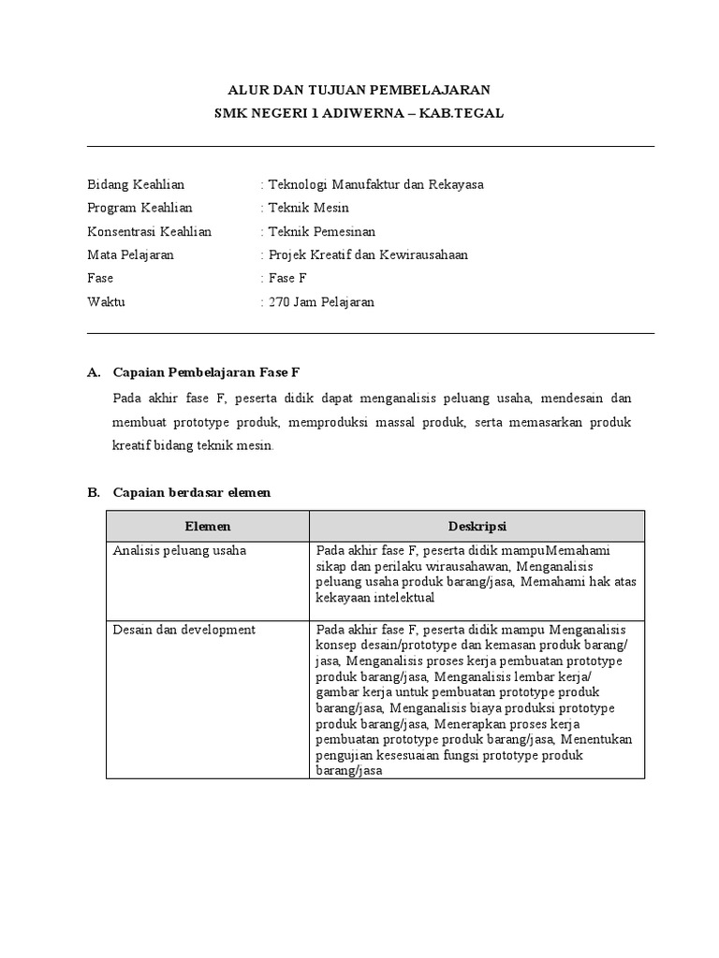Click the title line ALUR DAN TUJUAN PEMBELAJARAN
click(x=359, y=90)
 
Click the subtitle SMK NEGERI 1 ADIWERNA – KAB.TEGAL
click(x=359, y=113)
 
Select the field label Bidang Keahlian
click(x=136, y=184)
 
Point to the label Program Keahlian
click(x=139, y=208)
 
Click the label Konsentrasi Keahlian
click(x=149, y=231)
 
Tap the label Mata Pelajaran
click(x=130, y=254)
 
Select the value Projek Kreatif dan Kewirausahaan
click(x=367, y=254)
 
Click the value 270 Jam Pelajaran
click(x=320, y=302)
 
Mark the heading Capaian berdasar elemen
click(x=191, y=492)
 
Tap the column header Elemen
click(x=208, y=527)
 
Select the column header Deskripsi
click(x=477, y=527)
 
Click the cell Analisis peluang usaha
click(x=179, y=550)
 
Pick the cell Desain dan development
click(x=183, y=630)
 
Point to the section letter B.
click(x=93, y=492)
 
